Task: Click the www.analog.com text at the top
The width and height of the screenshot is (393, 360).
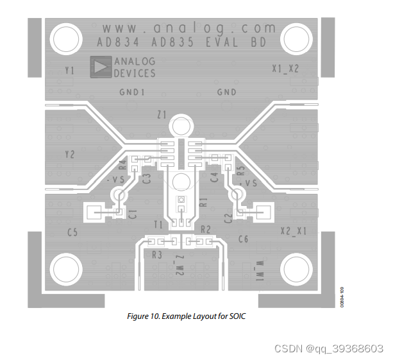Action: pyautogui.click(x=188, y=28)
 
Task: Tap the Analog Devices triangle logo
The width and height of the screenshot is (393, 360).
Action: pyautogui.click(x=101, y=67)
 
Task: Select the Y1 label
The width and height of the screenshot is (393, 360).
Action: pyautogui.click(x=70, y=70)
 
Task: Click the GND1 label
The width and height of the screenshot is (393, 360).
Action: pyautogui.click(x=132, y=92)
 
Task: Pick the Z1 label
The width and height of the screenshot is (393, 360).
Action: pyautogui.click(x=161, y=115)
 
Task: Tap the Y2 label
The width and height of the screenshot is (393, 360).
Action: pyautogui.click(x=70, y=154)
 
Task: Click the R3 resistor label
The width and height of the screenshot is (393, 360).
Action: pyautogui.click(x=157, y=255)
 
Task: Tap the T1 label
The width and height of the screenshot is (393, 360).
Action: pyautogui.click(x=158, y=224)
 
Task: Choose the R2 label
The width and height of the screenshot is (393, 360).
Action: pyautogui.click(x=206, y=229)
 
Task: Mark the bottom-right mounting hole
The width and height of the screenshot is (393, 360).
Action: pyautogui.click(x=296, y=268)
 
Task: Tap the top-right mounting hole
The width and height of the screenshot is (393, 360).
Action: pyautogui.click(x=296, y=39)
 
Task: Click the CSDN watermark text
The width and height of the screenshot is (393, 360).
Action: pyautogui.click(x=328, y=348)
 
